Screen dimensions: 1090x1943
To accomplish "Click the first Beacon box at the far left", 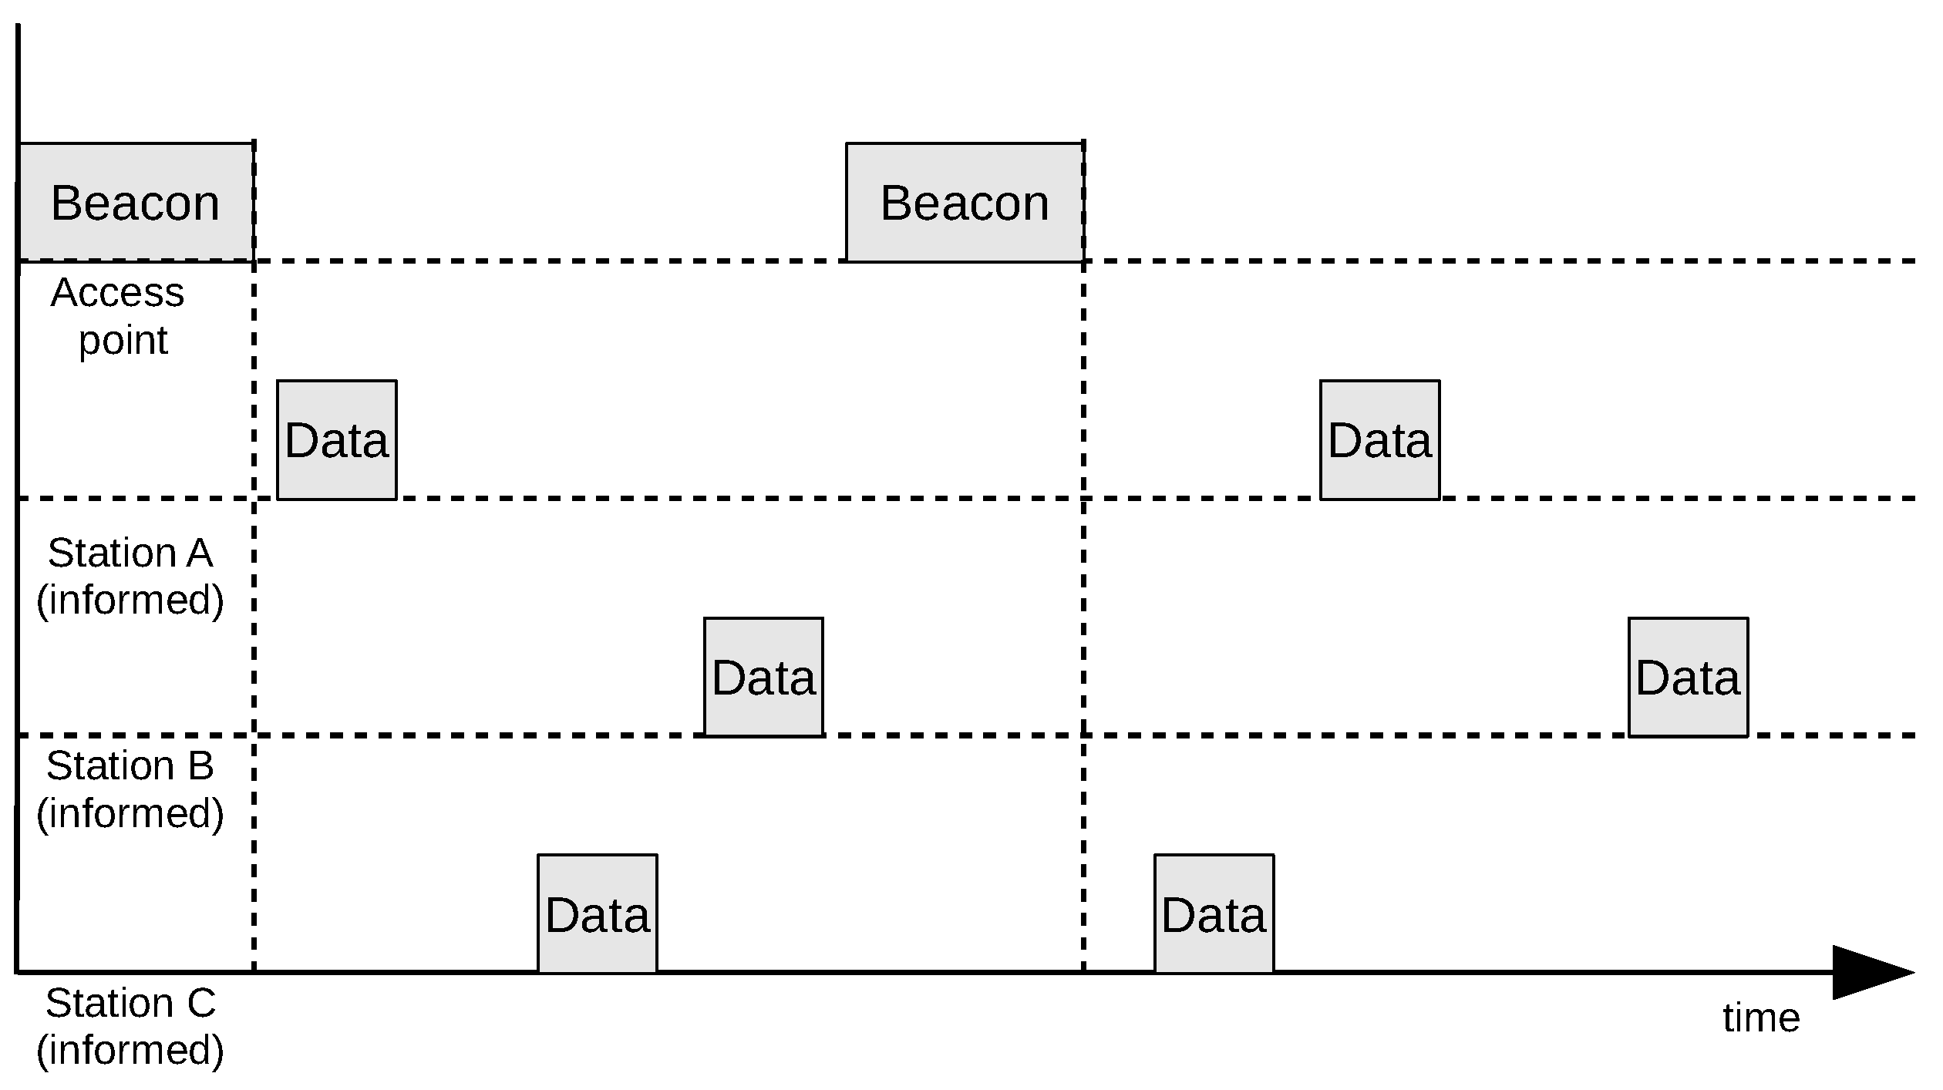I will pos(136,202).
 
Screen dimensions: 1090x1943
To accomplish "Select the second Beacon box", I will pos(965,202).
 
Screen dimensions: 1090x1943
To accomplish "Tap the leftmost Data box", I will pos(337,439).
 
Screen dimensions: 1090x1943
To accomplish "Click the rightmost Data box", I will pos(1689,677).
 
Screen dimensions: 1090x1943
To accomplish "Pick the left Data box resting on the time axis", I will pos(598,913).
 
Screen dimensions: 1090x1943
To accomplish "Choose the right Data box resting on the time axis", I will pos(1214,913).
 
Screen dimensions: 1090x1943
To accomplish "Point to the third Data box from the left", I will pos(763,677).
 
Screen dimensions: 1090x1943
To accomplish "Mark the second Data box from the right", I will pos(1379,439).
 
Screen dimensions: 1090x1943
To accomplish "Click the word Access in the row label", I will pos(118,293).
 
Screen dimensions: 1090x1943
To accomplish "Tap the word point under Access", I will pos(123,340).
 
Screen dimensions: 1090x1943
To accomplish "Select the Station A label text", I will pos(130,553).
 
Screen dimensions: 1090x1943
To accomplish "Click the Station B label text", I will pos(130,765).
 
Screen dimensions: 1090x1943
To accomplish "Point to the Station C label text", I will pos(130,1003).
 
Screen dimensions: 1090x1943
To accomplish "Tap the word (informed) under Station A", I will pos(130,600).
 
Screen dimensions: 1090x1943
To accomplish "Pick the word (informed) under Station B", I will pos(130,812).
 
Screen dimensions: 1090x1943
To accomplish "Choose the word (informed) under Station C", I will pos(130,1050).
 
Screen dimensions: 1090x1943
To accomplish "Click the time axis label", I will pos(1761,1018).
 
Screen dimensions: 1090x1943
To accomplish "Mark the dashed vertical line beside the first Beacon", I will pos(254,617).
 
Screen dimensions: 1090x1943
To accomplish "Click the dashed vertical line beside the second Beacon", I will pos(1083,617).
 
